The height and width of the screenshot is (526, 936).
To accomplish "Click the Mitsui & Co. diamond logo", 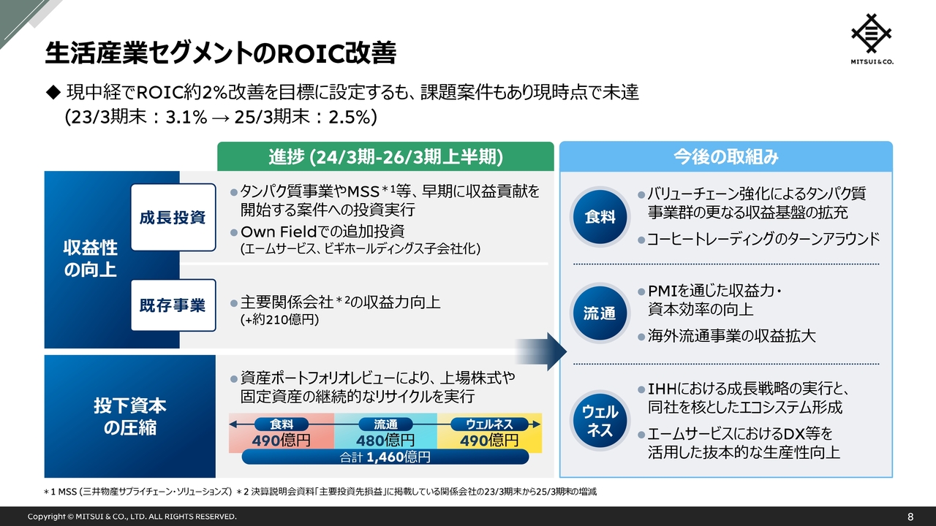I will [x=872, y=34].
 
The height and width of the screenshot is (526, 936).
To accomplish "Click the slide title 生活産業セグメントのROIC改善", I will [x=220, y=53].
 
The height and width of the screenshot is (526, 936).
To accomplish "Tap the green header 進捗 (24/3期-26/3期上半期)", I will [x=385, y=156].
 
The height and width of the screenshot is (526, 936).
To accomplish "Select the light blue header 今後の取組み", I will [x=725, y=156].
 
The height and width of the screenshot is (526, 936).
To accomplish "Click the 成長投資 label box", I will [x=173, y=217].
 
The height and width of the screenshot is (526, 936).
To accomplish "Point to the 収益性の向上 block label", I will [x=90, y=259].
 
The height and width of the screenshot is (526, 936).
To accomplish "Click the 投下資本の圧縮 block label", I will [x=129, y=416].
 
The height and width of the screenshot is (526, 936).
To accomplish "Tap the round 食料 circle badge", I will [x=600, y=217].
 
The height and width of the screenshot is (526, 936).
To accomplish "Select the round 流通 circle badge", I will [x=600, y=314].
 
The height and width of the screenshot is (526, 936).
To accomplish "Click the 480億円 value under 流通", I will [x=385, y=441].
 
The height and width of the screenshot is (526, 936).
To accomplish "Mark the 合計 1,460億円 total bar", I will [x=385, y=457].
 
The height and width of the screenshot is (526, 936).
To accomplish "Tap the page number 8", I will [x=910, y=517].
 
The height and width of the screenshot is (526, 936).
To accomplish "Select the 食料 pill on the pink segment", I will [x=282, y=424].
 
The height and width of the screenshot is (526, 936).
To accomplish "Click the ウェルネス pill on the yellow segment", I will [x=489, y=424].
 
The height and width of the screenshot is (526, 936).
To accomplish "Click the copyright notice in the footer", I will [x=132, y=517].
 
